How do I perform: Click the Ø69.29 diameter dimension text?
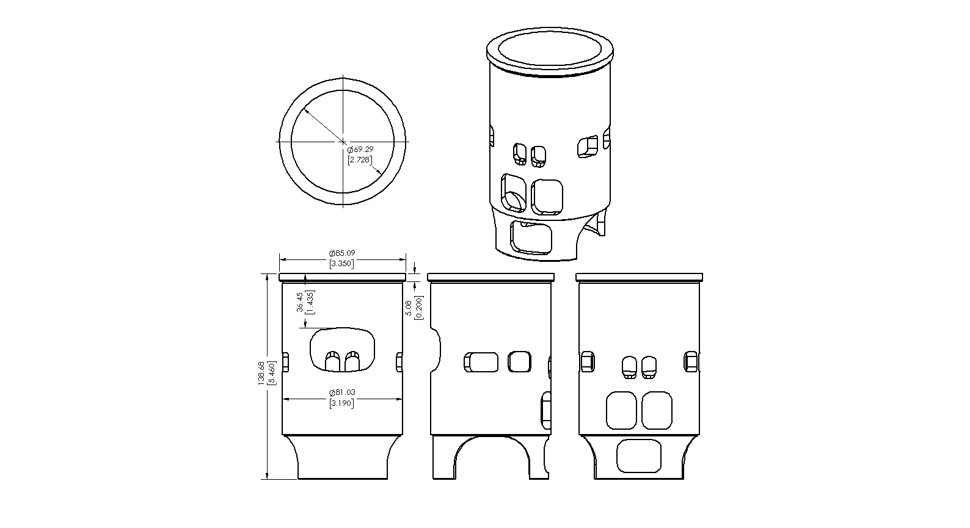(360, 150)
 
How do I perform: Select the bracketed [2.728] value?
(360, 160)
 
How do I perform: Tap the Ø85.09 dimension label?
(342, 253)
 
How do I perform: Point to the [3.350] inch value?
(341, 263)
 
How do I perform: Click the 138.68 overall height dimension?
(261, 373)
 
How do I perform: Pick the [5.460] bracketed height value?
(271, 373)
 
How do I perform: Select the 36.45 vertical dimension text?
(300, 302)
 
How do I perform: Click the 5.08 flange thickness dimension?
(409, 308)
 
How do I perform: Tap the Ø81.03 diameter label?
(342, 392)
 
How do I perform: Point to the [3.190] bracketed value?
(341, 403)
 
